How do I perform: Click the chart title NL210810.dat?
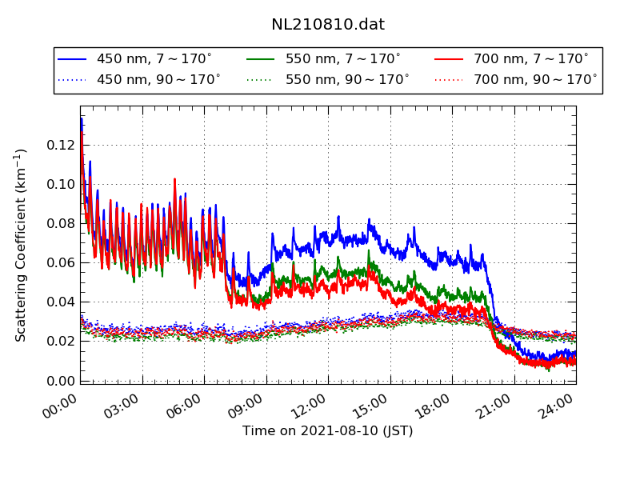pyautogui.click(x=328, y=25)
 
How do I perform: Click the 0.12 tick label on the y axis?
pyautogui.click(x=61, y=145)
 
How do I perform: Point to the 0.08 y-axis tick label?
pyautogui.click(x=61, y=223)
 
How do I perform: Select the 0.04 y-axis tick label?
pyautogui.click(x=61, y=302)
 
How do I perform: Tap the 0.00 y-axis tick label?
pyautogui.click(x=61, y=380)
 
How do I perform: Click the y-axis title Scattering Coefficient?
pyautogui.click(x=22, y=244)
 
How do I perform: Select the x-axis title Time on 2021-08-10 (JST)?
pyautogui.click(x=328, y=431)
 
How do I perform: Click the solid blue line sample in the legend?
pyautogui.click(x=73, y=59)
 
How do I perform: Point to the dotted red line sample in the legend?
pyautogui.click(x=450, y=80)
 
